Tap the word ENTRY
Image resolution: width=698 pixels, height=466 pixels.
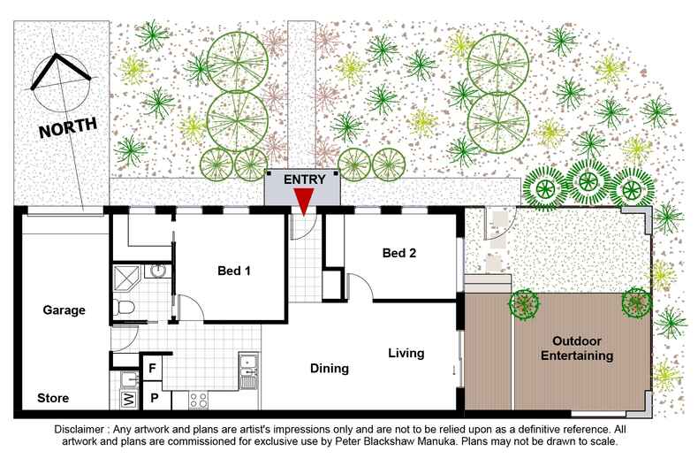click(x=305, y=180)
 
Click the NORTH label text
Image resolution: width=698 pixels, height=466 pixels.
click(x=68, y=127)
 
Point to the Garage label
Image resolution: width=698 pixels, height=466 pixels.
click(x=64, y=310)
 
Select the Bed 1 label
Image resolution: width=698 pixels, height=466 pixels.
click(x=234, y=271)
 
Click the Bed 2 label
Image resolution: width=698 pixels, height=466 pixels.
click(x=399, y=253)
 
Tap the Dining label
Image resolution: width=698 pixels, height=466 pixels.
click(x=330, y=369)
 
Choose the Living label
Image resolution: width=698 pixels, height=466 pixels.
click(x=406, y=354)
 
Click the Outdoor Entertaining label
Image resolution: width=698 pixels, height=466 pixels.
click(x=577, y=348)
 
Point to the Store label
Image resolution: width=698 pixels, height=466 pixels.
click(x=53, y=398)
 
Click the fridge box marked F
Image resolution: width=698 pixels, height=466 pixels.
click(x=152, y=368)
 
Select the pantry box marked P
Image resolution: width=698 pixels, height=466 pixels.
click(x=154, y=397)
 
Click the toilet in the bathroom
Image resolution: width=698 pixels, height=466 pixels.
click(x=124, y=307)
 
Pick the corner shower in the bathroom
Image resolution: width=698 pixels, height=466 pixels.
click(x=126, y=278)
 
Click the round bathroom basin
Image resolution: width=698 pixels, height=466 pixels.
click(x=158, y=271)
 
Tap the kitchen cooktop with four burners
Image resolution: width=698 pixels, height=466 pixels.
click(x=198, y=400)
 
